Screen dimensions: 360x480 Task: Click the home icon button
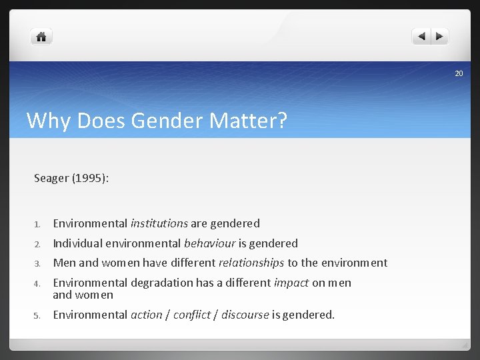click(41, 37)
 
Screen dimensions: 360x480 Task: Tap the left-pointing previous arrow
click(421, 37)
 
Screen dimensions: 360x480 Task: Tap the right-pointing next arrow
click(440, 37)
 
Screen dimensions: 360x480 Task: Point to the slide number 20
click(459, 73)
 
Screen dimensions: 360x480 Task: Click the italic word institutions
click(159, 223)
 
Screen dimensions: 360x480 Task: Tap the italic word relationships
click(251, 263)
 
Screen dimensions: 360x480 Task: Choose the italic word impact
click(291, 283)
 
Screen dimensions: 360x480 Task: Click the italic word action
click(146, 315)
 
